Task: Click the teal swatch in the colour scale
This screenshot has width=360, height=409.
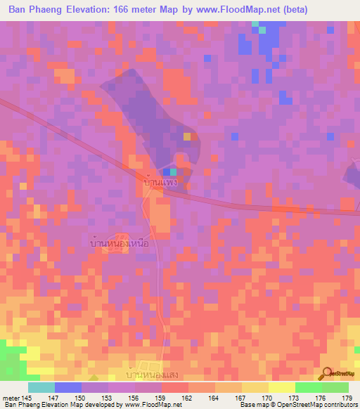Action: coord(41,387)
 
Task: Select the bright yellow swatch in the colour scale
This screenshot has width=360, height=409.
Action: coord(281,387)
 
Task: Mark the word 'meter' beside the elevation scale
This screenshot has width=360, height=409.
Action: coord(10,397)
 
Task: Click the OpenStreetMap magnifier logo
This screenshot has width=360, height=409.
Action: coord(328,373)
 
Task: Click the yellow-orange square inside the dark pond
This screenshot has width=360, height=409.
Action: coord(187,136)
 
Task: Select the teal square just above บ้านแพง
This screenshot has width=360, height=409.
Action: coord(173,171)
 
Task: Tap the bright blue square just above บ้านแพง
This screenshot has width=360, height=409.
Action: coord(166,171)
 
